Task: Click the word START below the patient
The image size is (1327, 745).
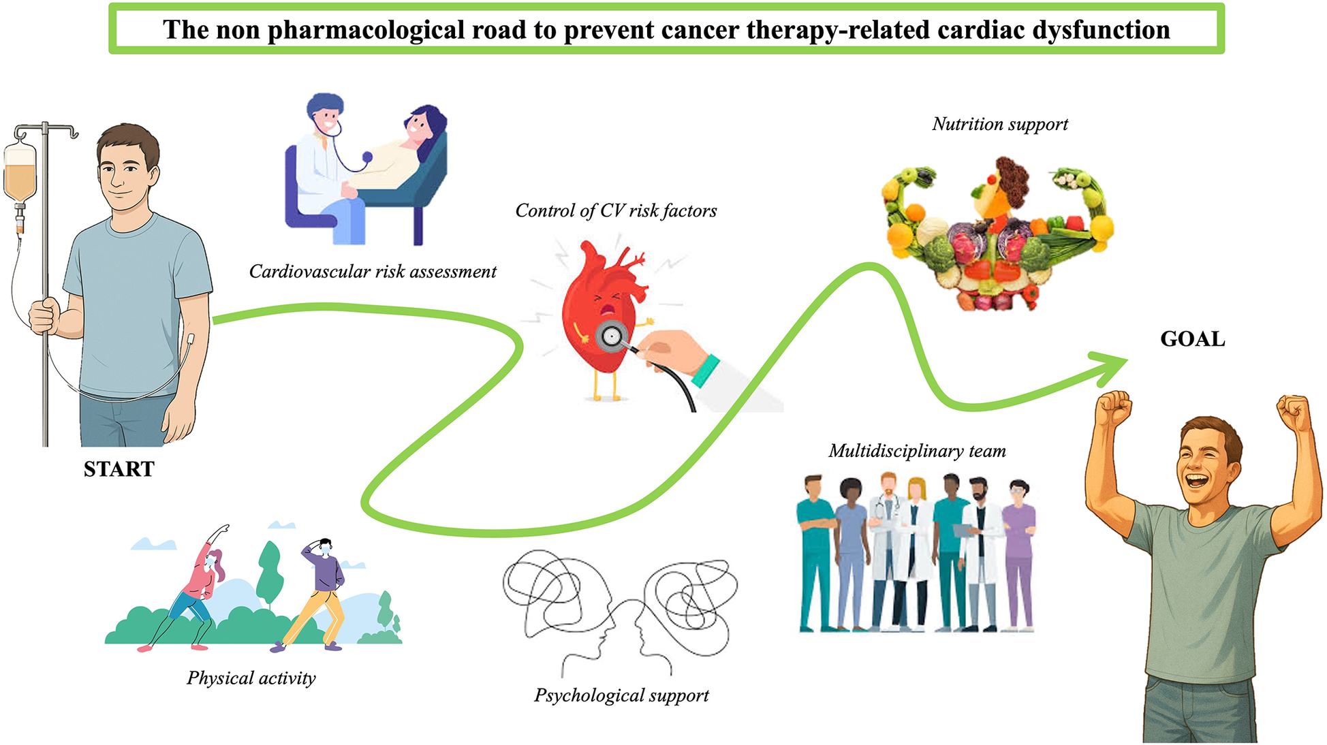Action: [x=119, y=469]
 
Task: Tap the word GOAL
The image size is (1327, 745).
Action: [x=1192, y=338]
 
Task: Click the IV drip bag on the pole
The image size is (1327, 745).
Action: [x=20, y=174]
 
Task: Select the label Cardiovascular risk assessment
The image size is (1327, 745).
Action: [x=373, y=272]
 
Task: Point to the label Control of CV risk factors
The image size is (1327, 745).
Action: [x=616, y=211]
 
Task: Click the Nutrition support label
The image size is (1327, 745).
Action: [x=999, y=124]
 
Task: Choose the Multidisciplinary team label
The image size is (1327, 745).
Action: [x=917, y=451]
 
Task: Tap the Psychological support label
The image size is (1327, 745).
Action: [x=621, y=695]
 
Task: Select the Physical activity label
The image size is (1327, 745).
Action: [x=251, y=678]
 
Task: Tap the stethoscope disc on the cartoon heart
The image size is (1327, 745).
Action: [x=612, y=336]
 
